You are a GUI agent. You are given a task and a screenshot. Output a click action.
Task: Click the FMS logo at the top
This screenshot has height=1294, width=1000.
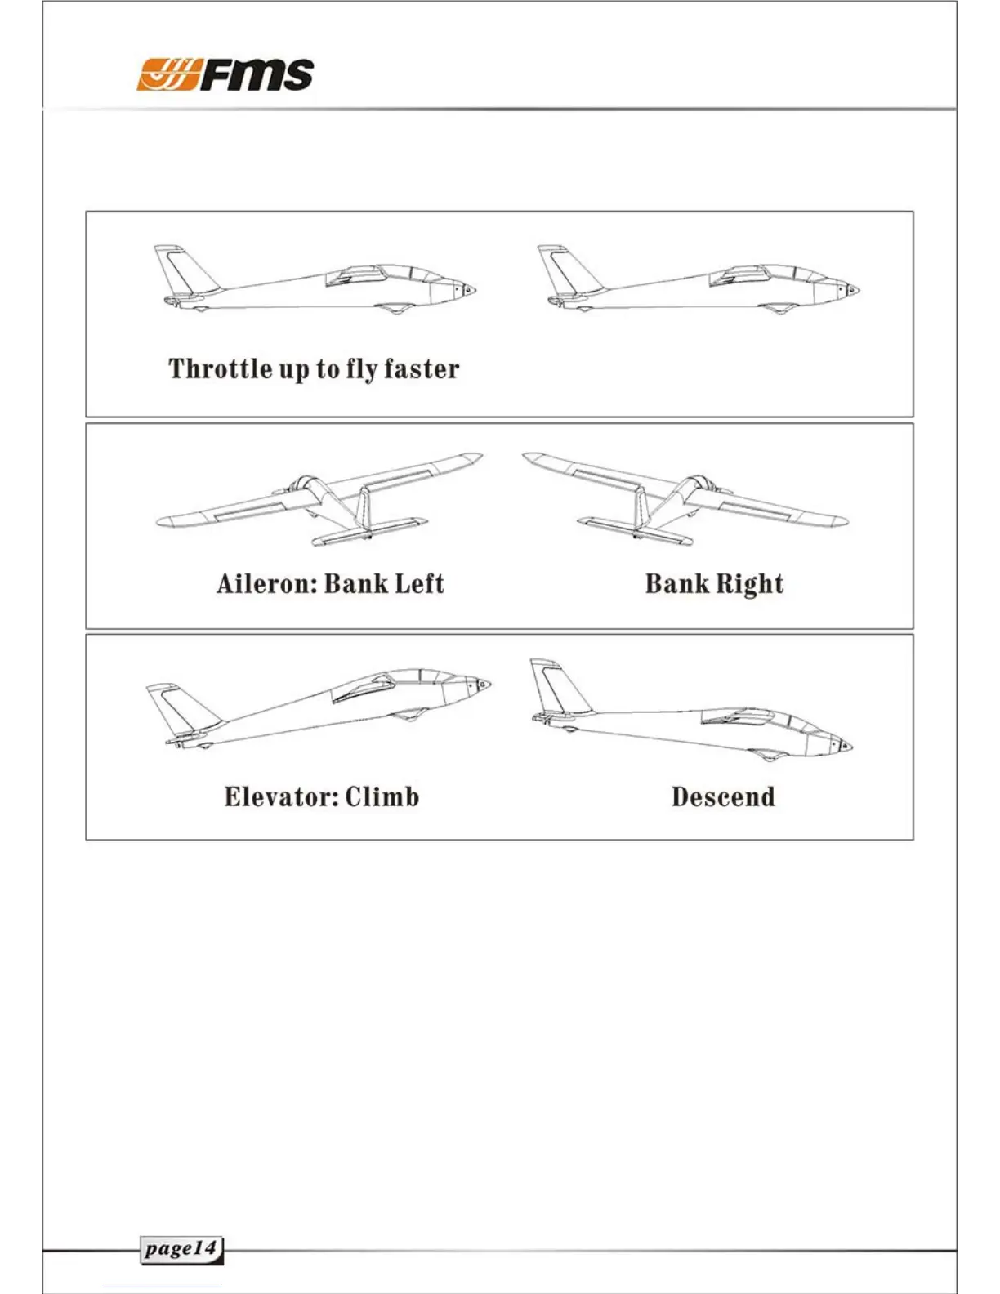225,74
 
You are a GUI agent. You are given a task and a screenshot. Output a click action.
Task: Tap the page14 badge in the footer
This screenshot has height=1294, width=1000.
181,1249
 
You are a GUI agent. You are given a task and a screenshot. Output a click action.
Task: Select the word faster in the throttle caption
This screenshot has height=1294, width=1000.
422,368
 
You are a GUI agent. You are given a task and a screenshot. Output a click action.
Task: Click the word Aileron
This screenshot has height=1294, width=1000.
266,583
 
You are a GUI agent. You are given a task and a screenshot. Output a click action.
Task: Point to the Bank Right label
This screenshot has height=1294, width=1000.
714,583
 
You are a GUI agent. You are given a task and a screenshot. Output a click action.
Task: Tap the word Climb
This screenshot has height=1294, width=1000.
382,796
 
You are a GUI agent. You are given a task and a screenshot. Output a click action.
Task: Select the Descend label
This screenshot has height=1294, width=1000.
723,796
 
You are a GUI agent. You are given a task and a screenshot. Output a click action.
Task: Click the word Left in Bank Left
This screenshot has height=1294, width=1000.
420,583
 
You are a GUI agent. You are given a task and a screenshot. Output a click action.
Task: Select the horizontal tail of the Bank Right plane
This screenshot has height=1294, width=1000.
636,529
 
